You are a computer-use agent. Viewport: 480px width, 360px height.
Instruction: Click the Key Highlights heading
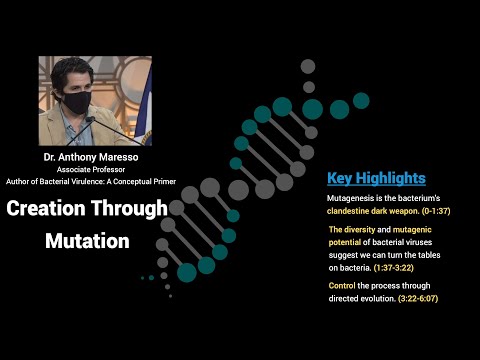tap(377, 178)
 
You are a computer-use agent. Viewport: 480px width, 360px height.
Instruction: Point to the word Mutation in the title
tap(87, 241)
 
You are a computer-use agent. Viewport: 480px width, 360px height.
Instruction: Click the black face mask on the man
tap(78, 101)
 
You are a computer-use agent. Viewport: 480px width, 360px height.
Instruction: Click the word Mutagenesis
tap(357, 198)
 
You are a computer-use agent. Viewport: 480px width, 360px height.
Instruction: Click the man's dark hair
tap(75, 70)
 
